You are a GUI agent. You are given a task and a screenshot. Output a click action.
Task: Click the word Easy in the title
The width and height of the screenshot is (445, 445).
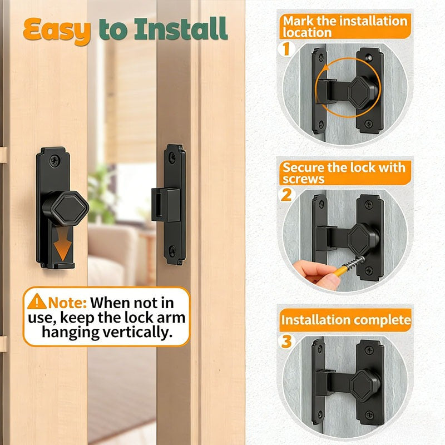[57, 31]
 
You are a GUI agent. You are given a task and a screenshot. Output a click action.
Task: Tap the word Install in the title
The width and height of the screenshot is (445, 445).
[181, 29]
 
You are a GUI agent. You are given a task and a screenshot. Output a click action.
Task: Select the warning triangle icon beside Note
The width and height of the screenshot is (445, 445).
[37, 301]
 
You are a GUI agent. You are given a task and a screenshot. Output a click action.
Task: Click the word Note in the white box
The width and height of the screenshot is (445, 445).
[67, 303]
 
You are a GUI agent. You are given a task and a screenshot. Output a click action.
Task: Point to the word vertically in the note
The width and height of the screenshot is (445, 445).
[137, 332]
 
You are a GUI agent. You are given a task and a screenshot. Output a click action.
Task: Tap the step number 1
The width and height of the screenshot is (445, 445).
[286, 49]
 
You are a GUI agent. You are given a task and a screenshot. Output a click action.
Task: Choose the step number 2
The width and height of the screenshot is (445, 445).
[286, 195]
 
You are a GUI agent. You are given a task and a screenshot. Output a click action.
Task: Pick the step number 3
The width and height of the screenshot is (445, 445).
[286, 342]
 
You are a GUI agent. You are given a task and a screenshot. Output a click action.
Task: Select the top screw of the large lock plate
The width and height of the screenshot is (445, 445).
[55, 161]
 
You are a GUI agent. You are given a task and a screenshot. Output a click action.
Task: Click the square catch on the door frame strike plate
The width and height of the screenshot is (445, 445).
[166, 205]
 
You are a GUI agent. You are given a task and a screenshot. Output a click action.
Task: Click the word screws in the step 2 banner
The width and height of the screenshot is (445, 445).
[303, 179]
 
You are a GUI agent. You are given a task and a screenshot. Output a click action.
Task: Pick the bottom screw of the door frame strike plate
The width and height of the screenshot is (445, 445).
[172, 251]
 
